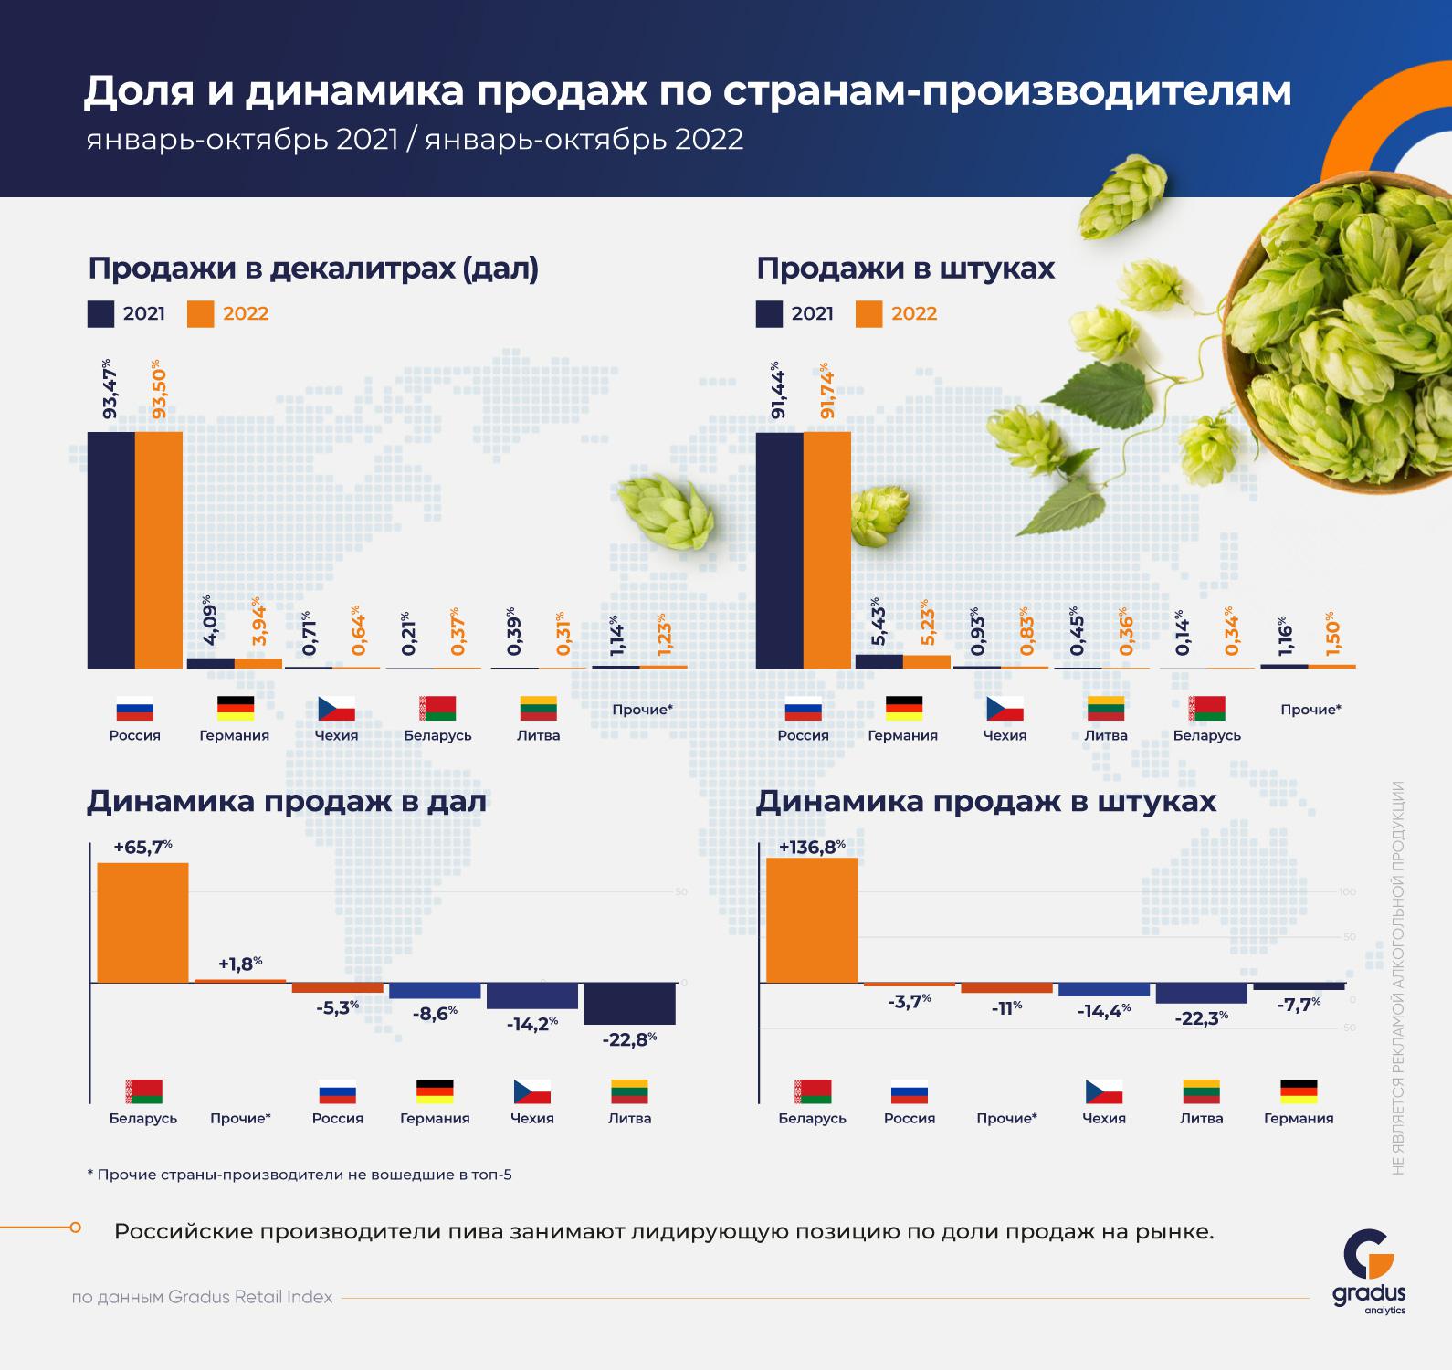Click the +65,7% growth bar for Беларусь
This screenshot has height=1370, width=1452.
pyautogui.click(x=142, y=922)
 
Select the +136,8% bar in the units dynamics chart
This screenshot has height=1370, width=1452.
pyautogui.click(x=812, y=920)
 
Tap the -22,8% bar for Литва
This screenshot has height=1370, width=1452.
pyautogui.click(x=629, y=1004)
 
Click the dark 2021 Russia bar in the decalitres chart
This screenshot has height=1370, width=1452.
pyautogui.click(x=110, y=550)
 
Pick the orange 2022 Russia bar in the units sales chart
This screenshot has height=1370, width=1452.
pyautogui.click(x=827, y=550)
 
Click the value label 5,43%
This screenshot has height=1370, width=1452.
pyautogui.click(x=878, y=621)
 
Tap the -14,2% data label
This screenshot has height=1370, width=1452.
pyautogui.click(x=532, y=1024)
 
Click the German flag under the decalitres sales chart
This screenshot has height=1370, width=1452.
pyautogui.click(x=235, y=708)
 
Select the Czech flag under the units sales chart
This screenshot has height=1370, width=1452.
pyautogui.click(x=1005, y=708)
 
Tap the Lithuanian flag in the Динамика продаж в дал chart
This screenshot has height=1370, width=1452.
pyautogui.click(x=629, y=1091)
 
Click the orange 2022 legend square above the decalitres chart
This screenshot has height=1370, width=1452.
pyautogui.click(x=201, y=314)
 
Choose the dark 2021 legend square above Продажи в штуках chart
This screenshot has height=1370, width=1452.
pyautogui.click(x=770, y=314)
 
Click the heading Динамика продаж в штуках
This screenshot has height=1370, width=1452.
pyautogui.click(x=986, y=801)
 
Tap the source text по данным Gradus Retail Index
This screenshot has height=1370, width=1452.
pyautogui.click(x=202, y=1297)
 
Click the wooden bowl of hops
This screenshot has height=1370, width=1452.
pyautogui.click(x=1342, y=329)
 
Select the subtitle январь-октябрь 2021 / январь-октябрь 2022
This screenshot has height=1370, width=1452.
pyautogui.click(x=416, y=140)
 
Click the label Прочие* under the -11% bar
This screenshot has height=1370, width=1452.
pyautogui.click(x=1006, y=1118)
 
